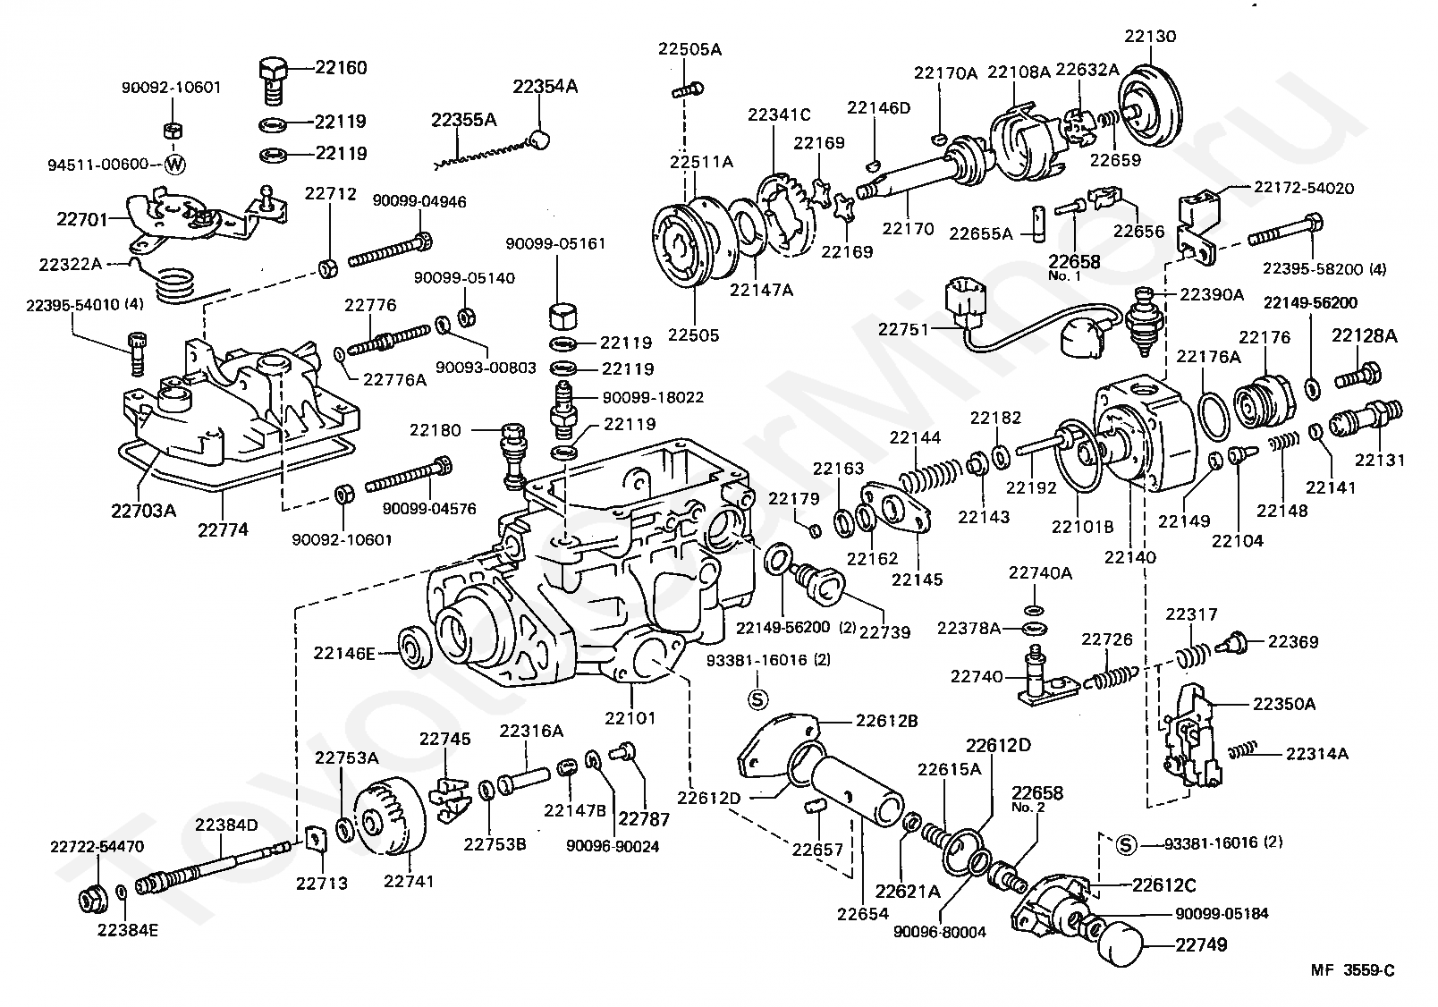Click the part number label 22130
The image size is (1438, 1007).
click(1150, 36)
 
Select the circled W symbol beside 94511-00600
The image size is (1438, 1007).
click(174, 165)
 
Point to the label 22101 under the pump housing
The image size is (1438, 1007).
click(630, 717)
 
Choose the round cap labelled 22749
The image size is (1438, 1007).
click(1121, 944)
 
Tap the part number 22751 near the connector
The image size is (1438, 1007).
click(904, 329)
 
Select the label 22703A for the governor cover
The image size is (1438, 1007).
click(143, 511)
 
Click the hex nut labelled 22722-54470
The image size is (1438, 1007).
click(93, 900)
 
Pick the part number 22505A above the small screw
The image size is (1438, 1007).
click(689, 49)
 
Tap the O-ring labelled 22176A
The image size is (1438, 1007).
click(1214, 417)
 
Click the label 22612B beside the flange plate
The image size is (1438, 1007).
click(886, 721)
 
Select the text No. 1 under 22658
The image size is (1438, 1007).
click(1064, 276)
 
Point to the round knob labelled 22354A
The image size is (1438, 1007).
click(538, 140)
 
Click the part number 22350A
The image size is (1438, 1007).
click(1284, 704)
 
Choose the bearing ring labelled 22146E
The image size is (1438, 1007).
click(414, 647)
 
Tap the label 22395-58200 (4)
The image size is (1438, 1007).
click(1324, 268)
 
